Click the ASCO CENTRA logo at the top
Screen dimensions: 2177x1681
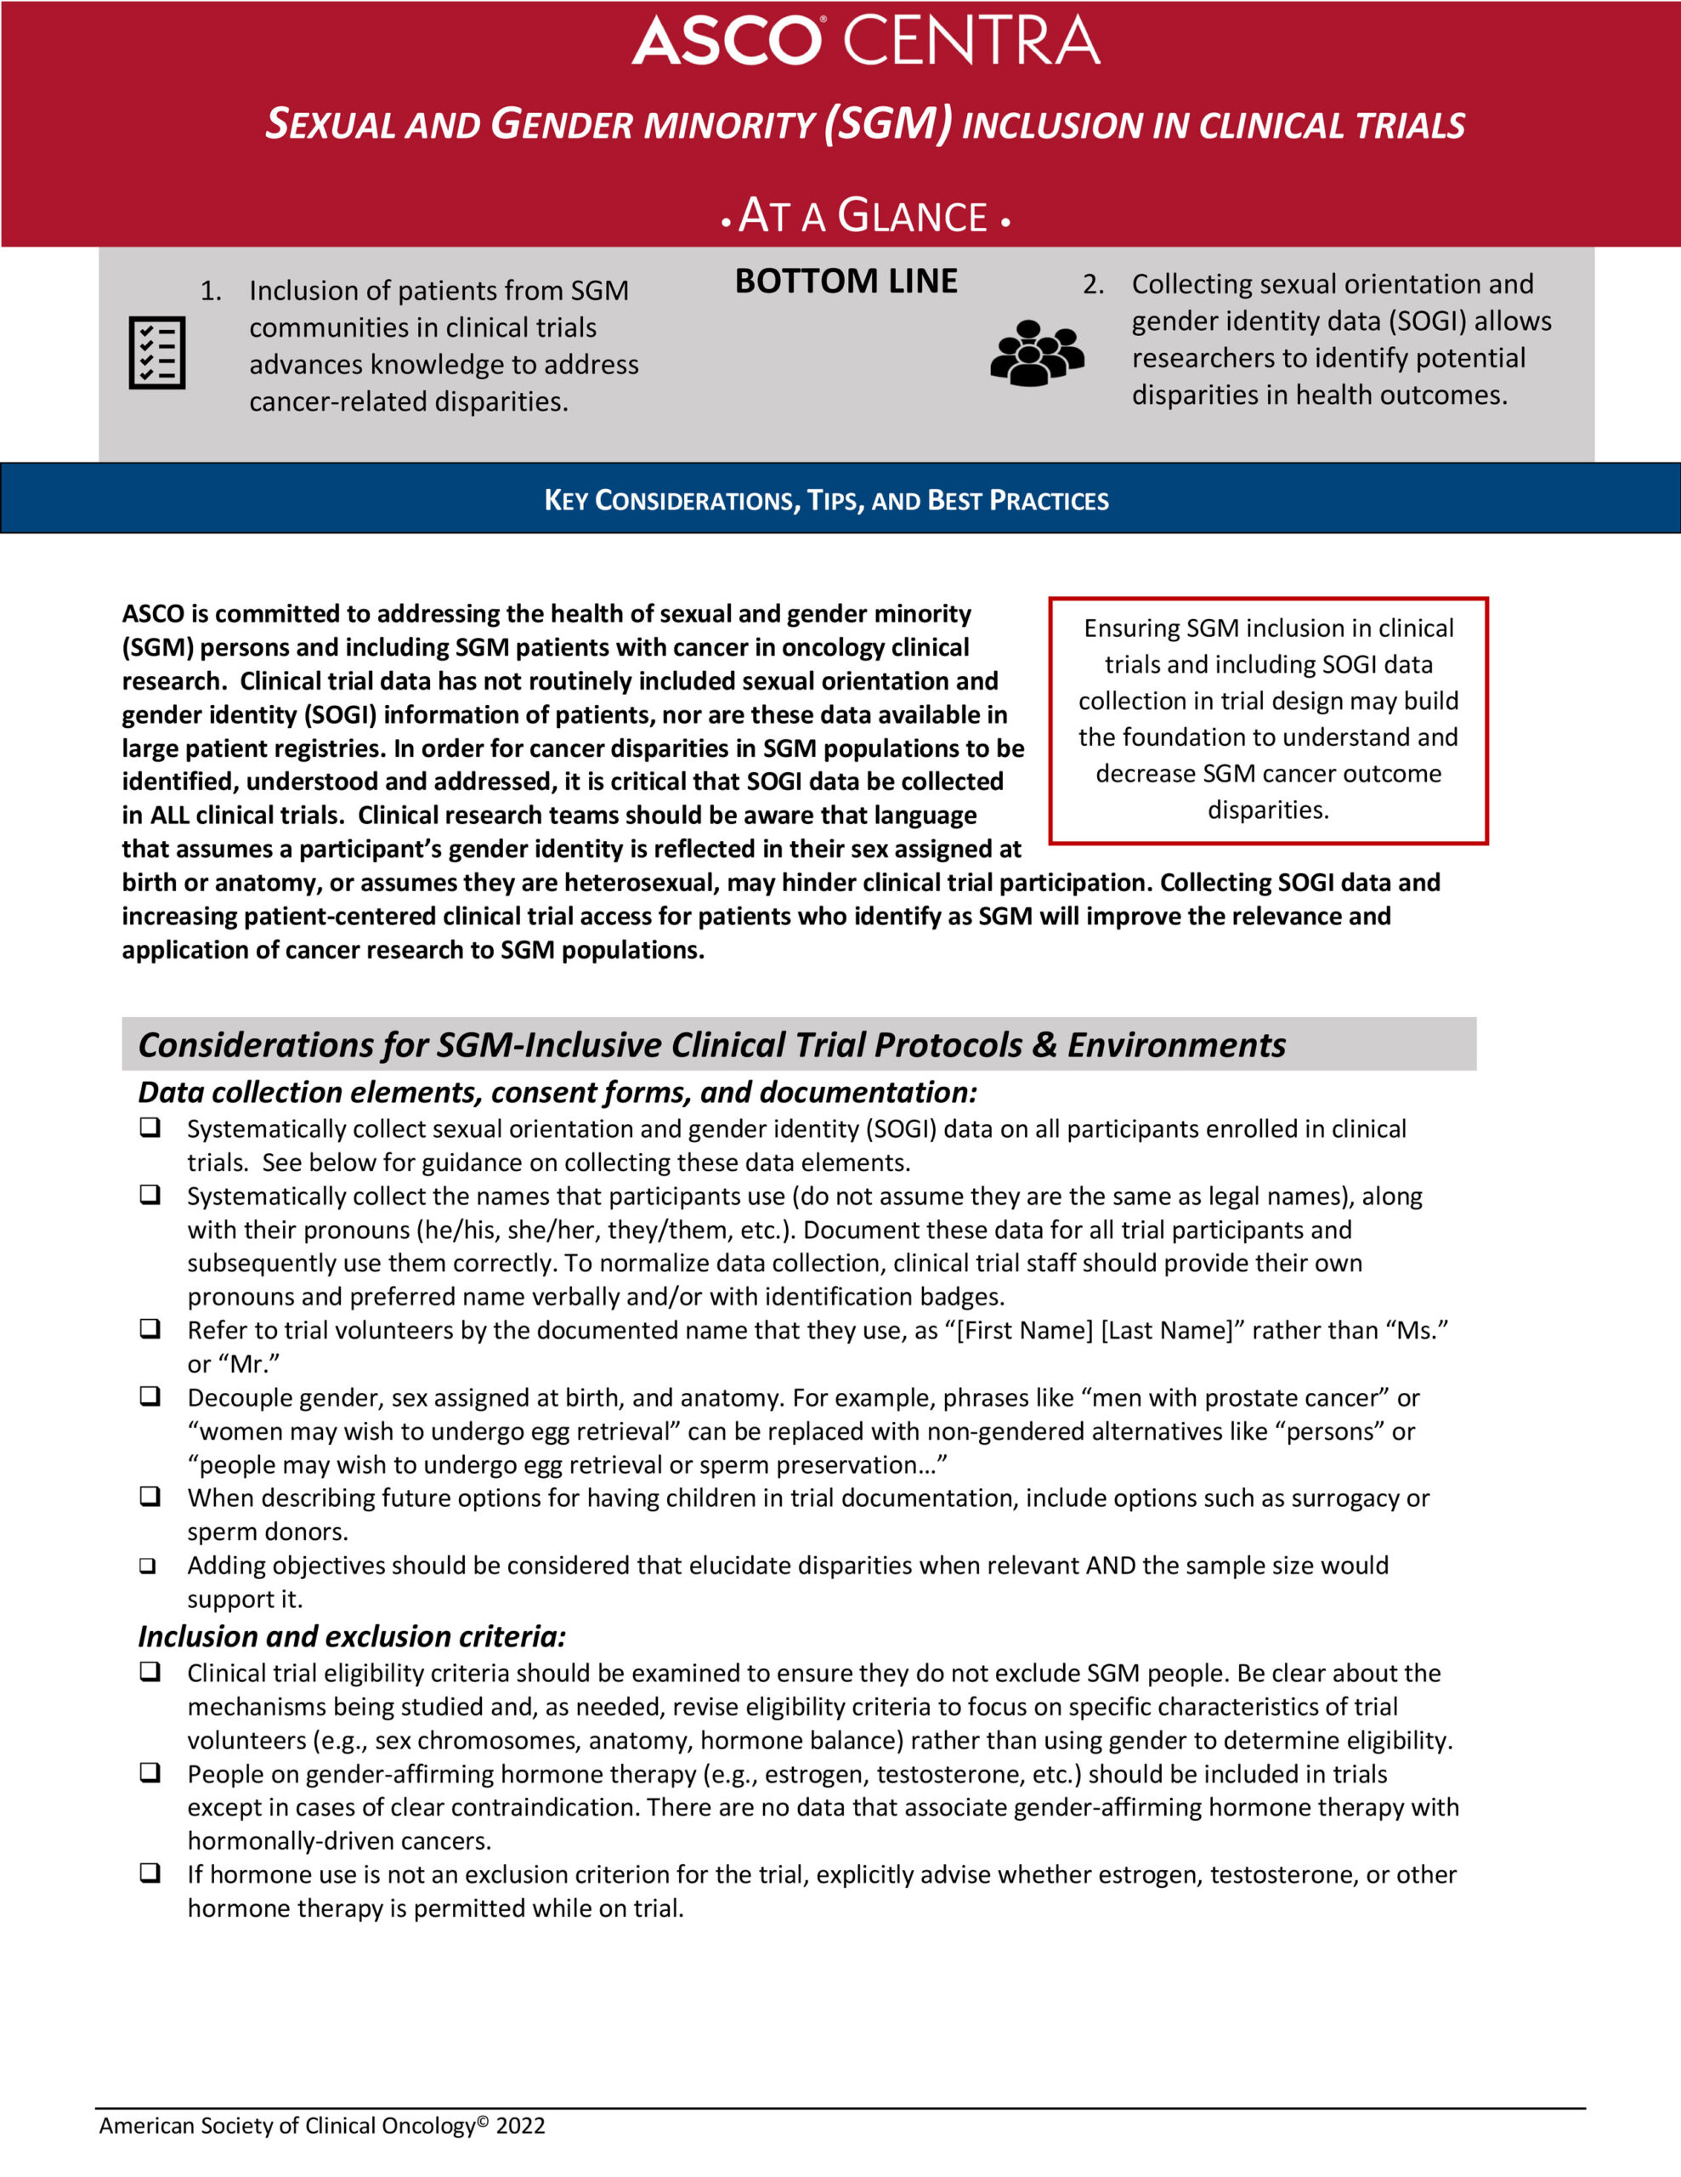click(x=865, y=41)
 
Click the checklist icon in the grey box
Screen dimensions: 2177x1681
click(x=157, y=353)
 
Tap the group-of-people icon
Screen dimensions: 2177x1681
click(x=1036, y=353)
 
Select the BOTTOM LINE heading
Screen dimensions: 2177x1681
click(x=846, y=281)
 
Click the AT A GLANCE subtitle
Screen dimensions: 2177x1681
click(x=864, y=216)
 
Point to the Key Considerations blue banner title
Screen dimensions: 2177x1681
click(x=826, y=500)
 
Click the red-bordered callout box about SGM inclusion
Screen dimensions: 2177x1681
click(x=1267, y=719)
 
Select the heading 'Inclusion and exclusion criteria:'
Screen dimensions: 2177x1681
click(x=352, y=1636)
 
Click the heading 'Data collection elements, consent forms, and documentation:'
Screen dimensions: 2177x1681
click(x=557, y=1093)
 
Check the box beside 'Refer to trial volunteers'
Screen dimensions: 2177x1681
click(x=150, y=1328)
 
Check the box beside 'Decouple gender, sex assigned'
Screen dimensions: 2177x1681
click(x=150, y=1396)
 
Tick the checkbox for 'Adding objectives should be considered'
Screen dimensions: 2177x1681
click(x=149, y=1566)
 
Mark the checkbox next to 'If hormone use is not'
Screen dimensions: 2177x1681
click(x=150, y=1873)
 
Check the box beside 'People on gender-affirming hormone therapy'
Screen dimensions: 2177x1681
click(x=150, y=1772)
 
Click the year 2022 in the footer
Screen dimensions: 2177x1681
click(x=520, y=2126)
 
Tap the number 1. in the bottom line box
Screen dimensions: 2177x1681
click(x=210, y=291)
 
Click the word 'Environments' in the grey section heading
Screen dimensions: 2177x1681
click(x=1177, y=1044)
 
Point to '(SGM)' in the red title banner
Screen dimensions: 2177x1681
click(x=888, y=123)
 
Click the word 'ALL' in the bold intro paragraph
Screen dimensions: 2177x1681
click(x=170, y=816)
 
